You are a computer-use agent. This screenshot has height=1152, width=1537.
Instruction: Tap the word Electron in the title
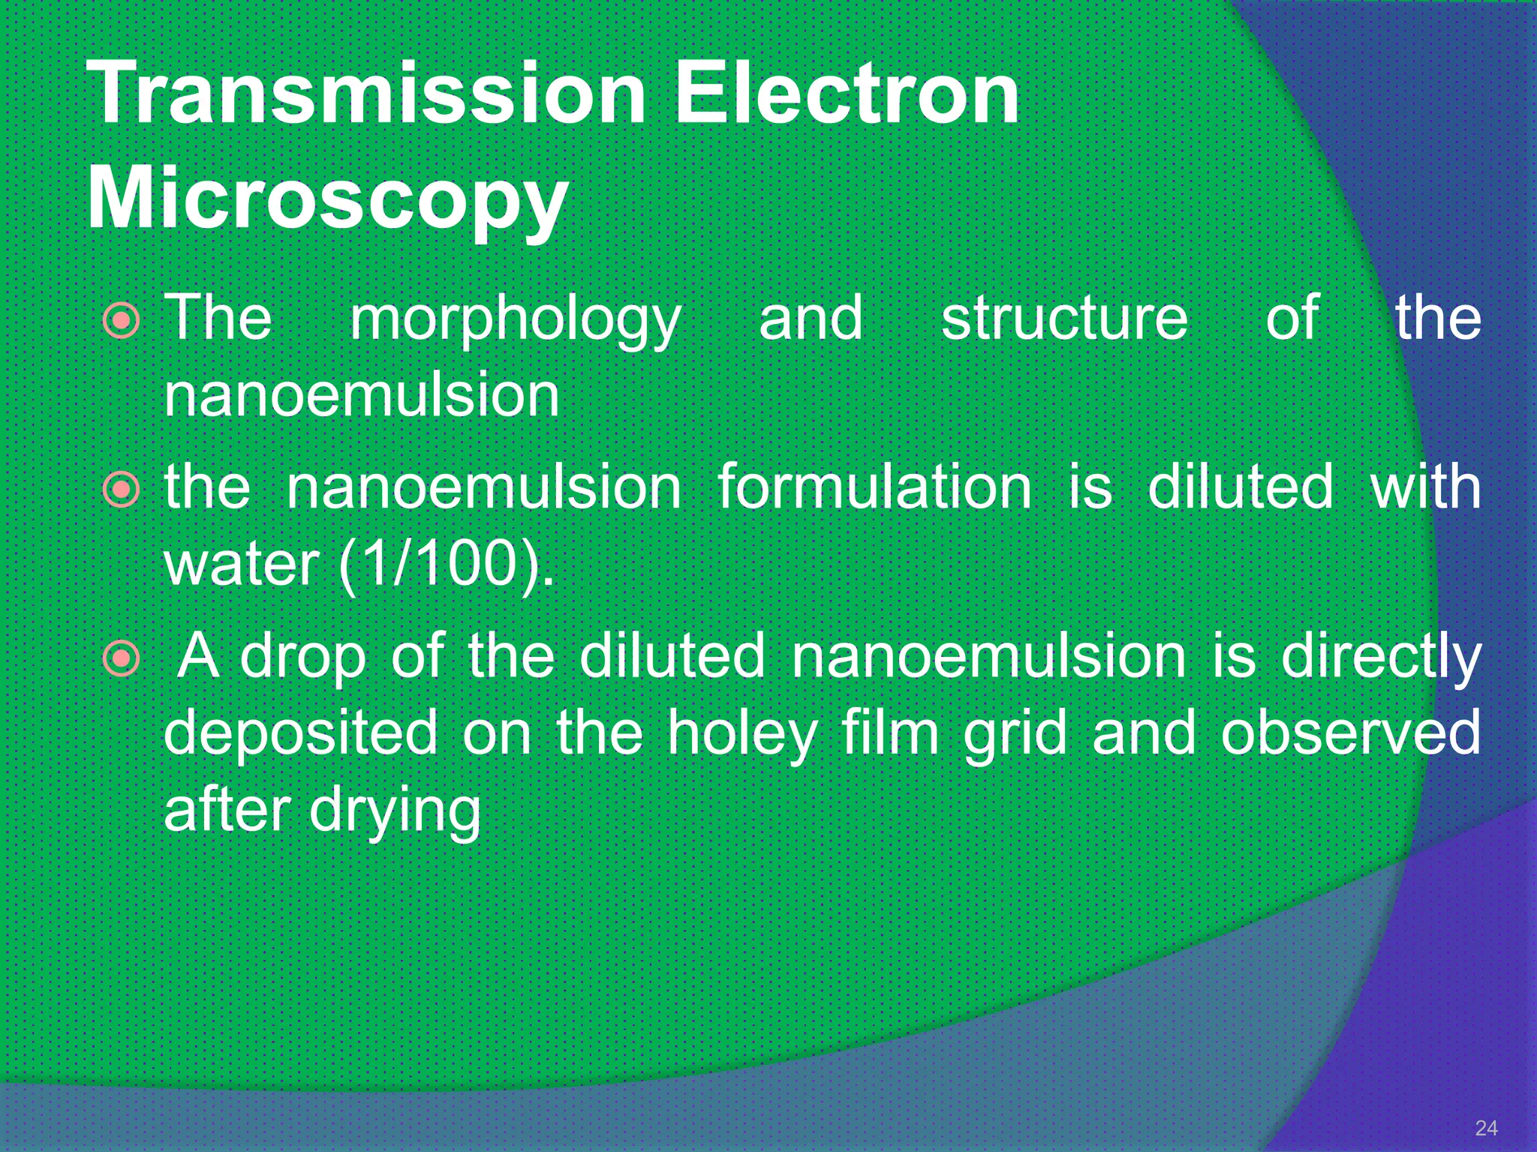point(847,93)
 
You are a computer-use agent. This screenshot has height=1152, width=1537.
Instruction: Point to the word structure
point(1064,317)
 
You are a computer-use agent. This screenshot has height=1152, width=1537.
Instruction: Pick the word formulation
point(874,487)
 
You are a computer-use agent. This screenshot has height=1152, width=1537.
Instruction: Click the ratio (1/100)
point(447,564)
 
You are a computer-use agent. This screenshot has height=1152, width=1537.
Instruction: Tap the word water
point(242,564)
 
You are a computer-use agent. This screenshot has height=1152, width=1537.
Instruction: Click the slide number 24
point(1486,1128)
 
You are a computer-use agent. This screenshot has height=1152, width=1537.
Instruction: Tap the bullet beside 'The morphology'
point(121,321)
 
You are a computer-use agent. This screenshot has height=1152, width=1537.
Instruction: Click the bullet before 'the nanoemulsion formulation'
point(121,490)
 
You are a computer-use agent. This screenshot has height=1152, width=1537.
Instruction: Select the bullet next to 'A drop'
point(121,659)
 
